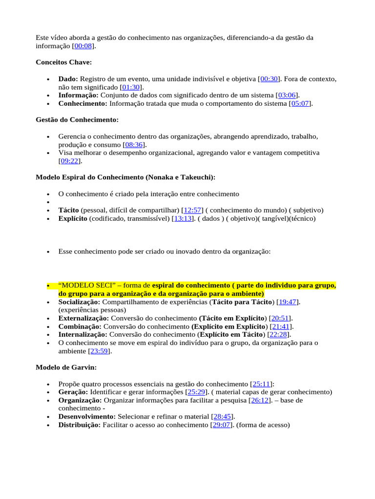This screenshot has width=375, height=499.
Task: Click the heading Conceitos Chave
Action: [63, 62]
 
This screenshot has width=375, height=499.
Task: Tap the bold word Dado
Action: [68, 79]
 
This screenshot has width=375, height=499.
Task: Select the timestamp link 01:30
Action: [131, 87]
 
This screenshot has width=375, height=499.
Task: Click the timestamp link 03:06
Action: [287, 96]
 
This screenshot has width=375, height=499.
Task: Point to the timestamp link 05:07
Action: [300, 104]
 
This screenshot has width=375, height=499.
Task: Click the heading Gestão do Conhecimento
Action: [77, 120]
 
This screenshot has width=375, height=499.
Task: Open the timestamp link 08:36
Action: [134, 145]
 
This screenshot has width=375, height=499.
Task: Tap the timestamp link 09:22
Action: [70, 161]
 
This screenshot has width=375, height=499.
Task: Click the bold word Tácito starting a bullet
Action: [68, 210]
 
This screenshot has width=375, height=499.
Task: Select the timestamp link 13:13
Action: [184, 219]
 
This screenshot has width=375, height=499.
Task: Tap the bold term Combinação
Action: [80, 326]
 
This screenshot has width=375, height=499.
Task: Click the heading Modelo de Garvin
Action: [66, 367]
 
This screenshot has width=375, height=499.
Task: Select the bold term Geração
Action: [73, 392]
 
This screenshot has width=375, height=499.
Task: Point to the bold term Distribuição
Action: [79, 425]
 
